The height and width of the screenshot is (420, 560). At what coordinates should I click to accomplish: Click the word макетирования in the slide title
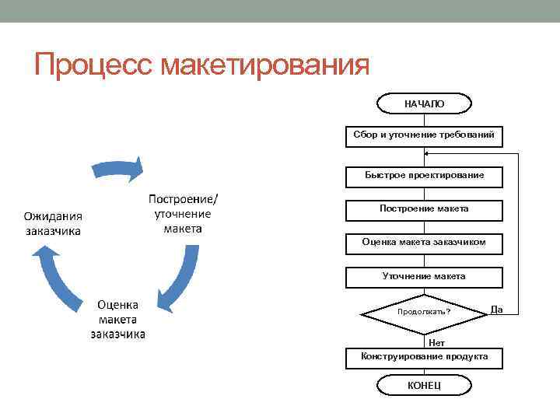264,65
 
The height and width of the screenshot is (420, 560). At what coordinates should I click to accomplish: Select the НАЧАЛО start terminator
424,103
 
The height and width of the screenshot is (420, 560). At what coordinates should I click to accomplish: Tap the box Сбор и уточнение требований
424,135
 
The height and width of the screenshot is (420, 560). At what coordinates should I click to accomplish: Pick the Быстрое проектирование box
424,176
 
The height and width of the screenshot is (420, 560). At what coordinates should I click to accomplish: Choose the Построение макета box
424,209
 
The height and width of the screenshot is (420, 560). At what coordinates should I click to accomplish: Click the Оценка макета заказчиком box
424,243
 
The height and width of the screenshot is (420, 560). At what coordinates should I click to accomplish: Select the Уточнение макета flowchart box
424,276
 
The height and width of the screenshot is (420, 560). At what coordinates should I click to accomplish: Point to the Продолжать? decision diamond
424,312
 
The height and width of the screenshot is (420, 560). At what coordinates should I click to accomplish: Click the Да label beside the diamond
497,310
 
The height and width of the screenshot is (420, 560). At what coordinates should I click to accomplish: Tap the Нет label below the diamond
436,341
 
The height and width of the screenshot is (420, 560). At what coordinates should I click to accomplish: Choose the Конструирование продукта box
424,357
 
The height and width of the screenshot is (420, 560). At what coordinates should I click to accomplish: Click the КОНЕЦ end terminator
424,386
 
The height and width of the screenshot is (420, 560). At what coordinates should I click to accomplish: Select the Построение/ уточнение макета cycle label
183,212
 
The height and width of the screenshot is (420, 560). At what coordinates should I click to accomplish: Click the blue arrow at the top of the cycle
117,168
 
